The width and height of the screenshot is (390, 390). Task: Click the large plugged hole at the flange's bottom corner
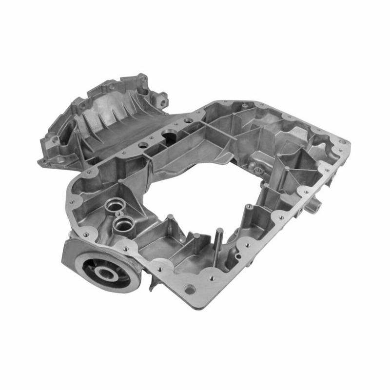[x=190, y=289]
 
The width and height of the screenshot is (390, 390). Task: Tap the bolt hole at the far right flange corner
[x=342, y=142]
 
